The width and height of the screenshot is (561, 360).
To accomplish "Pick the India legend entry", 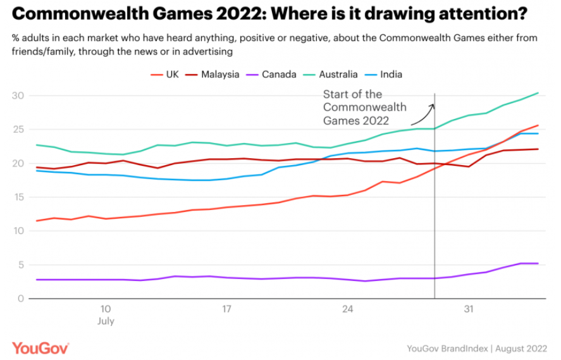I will click(x=385, y=74).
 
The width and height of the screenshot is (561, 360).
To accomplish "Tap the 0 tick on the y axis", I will click(x=20, y=299).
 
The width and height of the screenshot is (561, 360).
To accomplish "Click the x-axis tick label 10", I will click(x=105, y=309).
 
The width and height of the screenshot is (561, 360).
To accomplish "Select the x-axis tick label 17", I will click(x=226, y=309).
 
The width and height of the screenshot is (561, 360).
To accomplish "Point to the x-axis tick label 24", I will click(x=347, y=309).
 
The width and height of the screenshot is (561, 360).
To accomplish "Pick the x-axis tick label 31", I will click(x=468, y=309).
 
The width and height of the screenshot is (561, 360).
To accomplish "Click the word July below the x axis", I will click(x=106, y=321).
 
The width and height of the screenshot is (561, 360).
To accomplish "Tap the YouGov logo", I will click(x=40, y=347).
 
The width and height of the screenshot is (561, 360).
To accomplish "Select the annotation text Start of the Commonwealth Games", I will click(x=364, y=108).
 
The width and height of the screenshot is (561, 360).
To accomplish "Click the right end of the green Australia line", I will click(x=538, y=93).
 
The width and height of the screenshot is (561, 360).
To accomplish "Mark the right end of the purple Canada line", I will click(x=538, y=263).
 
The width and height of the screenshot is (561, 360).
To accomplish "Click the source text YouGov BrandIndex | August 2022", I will click(x=478, y=348).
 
